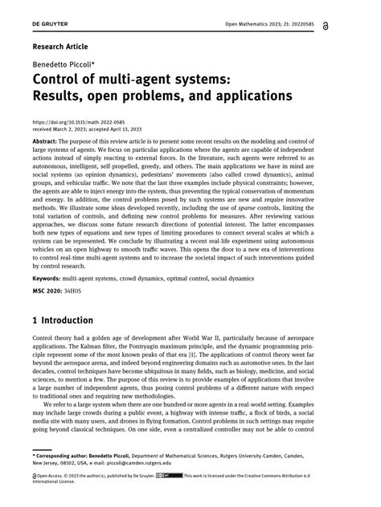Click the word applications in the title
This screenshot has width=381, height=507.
[245, 96]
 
